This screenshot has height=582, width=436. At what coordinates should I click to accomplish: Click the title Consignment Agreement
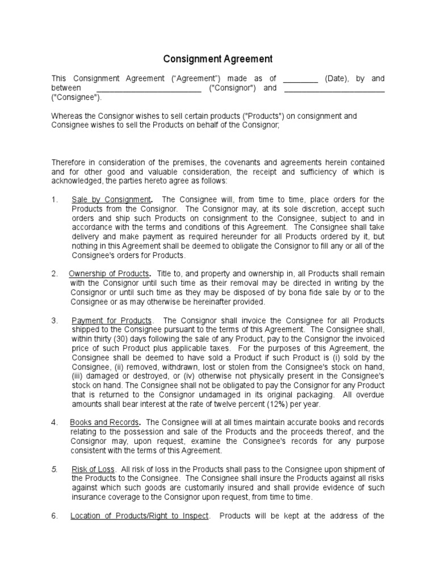218,59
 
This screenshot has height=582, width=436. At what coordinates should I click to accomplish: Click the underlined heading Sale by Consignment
111,199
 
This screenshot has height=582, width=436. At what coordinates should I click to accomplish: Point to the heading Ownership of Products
110,273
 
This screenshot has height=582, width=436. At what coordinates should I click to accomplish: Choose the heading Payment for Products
111,321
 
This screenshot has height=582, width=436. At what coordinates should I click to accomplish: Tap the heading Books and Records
104,422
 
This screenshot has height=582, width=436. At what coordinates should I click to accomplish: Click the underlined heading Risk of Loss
93,469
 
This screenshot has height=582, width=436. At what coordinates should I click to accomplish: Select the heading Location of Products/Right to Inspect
140,516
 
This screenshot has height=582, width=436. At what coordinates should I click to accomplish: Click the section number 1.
54,199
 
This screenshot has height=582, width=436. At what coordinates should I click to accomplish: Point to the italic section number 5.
54,469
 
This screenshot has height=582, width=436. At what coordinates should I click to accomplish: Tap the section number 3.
54,321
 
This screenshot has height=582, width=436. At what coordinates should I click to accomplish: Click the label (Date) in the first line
339,78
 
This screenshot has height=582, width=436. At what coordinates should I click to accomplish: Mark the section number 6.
54,516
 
